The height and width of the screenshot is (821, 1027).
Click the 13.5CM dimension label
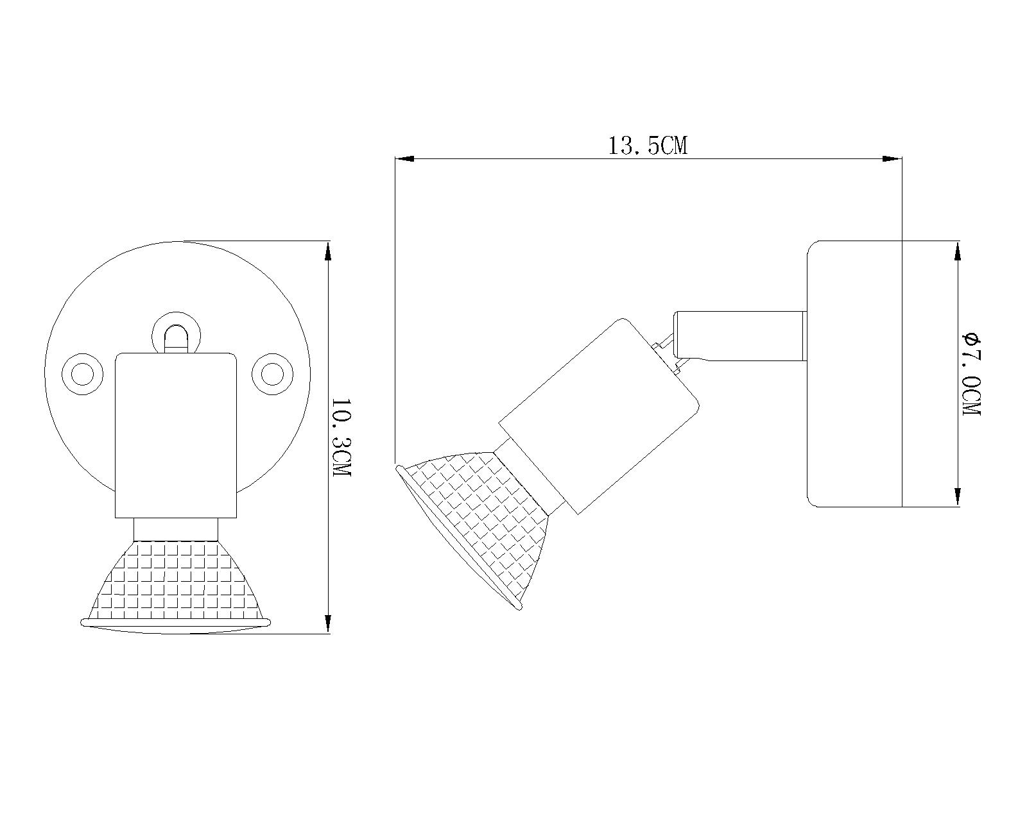tap(647, 146)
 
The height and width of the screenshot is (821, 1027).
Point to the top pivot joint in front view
tap(177, 334)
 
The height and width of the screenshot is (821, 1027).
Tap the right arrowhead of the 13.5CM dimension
tap(892, 158)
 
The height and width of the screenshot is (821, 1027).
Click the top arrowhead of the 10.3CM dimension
tap(328, 251)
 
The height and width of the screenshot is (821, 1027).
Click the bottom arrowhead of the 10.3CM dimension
tap(328, 623)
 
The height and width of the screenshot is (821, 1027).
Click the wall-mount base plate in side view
tap(854, 373)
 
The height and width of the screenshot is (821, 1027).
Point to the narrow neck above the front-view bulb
tap(176, 529)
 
